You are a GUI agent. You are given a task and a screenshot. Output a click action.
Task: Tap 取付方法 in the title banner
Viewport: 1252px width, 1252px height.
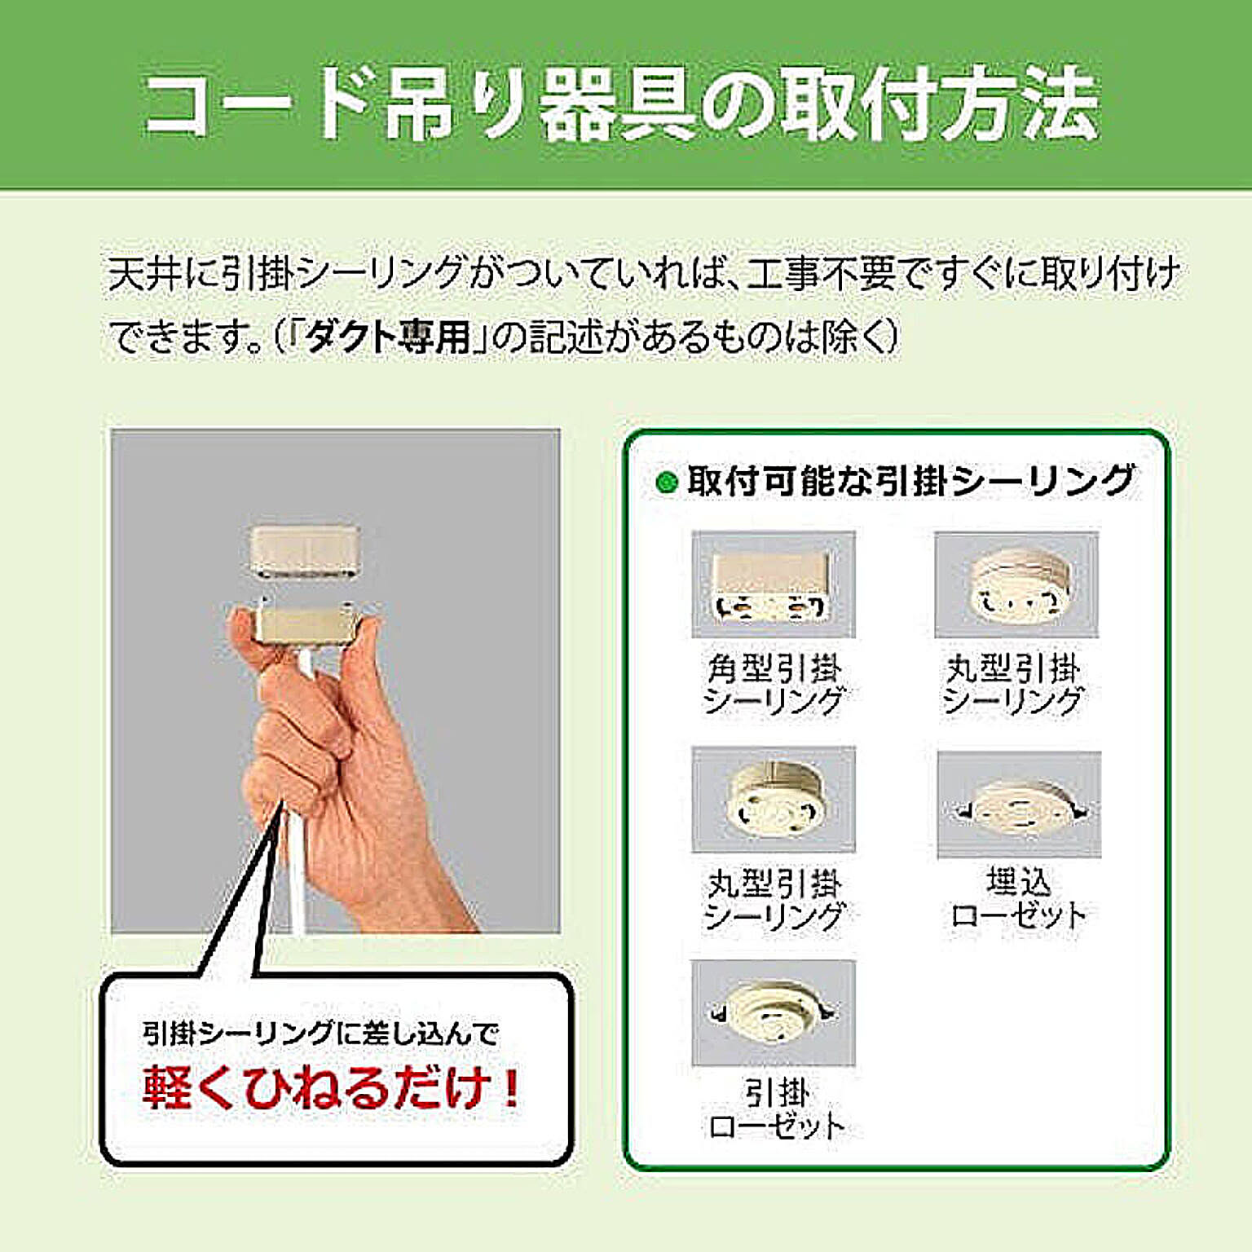(x=941, y=104)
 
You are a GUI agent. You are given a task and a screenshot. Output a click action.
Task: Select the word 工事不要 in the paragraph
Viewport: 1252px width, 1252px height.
(x=820, y=273)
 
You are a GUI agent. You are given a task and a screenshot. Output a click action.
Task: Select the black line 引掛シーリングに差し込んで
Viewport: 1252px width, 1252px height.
(x=320, y=1033)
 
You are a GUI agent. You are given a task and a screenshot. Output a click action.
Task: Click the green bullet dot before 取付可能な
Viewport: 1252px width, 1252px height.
(x=667, y=483)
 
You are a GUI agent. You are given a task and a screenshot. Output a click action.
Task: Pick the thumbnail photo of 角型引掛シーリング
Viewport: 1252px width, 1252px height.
(x=773, y=584)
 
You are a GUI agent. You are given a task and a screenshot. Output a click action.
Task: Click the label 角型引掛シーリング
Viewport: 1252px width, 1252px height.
(x=774, y=684)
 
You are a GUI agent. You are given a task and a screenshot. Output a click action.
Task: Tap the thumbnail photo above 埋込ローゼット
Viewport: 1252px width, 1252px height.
(x=1019, y=805)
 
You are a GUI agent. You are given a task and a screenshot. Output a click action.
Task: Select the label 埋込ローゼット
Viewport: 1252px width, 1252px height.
(x=1019, y=898)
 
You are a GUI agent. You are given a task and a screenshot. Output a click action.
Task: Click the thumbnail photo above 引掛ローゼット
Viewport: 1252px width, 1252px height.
(x=773, y=1013)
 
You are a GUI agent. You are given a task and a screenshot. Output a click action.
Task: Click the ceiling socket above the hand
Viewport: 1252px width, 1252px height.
(x=304, y=550)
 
